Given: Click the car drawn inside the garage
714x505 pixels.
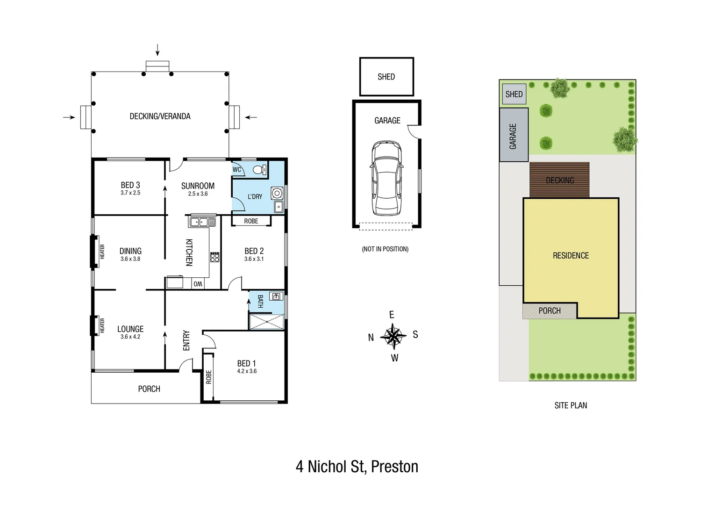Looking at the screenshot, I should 386,177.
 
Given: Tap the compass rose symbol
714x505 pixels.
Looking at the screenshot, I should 393,336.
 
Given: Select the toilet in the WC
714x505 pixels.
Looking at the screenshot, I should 258,170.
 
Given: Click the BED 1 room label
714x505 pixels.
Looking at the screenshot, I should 246,363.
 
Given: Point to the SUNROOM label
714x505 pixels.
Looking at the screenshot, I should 198,186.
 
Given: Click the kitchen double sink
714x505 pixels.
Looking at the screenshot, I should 202,222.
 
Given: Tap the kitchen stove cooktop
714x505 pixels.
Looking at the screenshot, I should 214,257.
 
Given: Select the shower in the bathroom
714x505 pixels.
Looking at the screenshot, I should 266,322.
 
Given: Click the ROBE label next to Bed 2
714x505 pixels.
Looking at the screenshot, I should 251,221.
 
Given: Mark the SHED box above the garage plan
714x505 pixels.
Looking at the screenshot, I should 386,77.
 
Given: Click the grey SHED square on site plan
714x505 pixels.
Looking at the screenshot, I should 514,94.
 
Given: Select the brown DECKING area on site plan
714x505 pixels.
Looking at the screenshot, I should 559,180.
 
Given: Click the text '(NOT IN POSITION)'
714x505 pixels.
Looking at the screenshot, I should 385,249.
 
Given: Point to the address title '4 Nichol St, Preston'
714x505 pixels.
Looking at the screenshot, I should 357,467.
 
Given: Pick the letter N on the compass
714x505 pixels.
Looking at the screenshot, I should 371,338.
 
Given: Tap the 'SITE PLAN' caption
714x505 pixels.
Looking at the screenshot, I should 571,405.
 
